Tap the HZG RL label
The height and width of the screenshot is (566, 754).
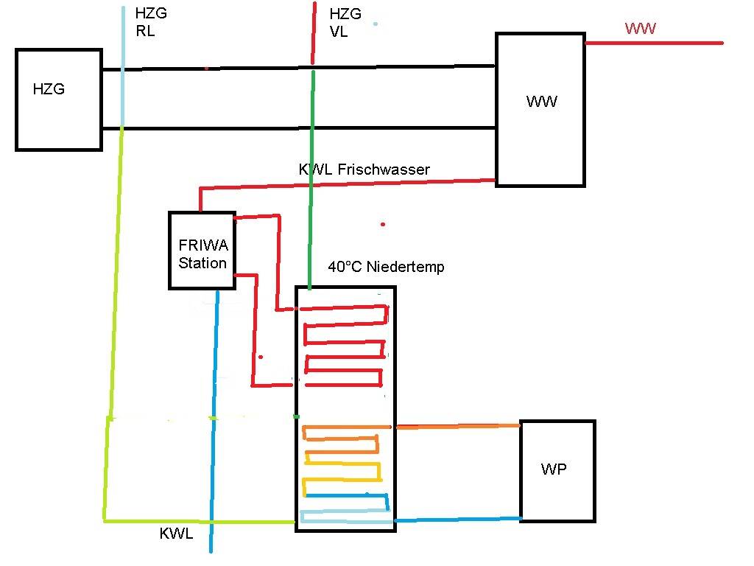(x=151, y=21)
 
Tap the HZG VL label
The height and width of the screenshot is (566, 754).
(x=345, y=22)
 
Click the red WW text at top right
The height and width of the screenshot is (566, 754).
(x=640, y=29)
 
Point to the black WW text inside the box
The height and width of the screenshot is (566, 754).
(x=541, y=102)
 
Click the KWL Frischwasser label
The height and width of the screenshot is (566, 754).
(x=364, y=170)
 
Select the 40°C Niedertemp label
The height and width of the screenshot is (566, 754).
(x=386, y=267)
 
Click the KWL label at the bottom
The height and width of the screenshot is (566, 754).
(x=176, y=534)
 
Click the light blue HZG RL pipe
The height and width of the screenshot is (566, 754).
(x=123, y=66)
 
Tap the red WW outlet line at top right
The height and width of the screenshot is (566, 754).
(x=654, y=43)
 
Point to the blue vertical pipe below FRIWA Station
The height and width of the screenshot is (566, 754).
(x=214, y=421)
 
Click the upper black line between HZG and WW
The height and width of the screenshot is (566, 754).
(x=299, y=68)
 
